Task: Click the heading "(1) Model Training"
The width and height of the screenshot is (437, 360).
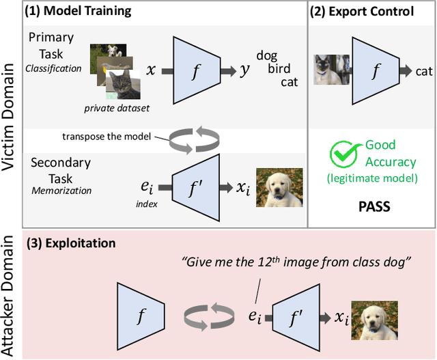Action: click(x=78, y=12)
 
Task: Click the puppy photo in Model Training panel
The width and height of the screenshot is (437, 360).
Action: click(x=276, y=187)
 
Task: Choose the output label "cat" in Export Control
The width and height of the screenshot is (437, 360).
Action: click(x=423, y=70)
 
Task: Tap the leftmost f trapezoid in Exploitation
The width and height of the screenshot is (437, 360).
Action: click(x=141, y=316)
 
